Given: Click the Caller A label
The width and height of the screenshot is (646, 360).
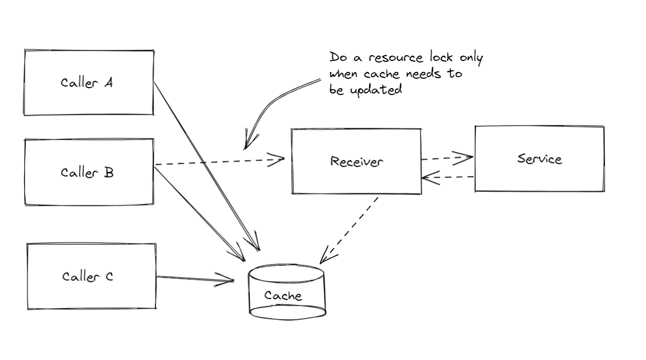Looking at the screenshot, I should point(87,83).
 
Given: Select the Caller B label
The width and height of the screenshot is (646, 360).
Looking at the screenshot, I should point(87,173).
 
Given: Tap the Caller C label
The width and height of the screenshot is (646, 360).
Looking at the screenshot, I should point(88,277).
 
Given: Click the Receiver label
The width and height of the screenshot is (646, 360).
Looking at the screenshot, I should point(356,162).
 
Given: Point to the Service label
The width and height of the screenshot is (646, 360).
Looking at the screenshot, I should point(539,158).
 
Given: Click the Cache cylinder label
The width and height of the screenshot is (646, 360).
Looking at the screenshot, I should point(283,295).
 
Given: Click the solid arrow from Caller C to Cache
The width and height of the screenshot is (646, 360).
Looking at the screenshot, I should point(194,278).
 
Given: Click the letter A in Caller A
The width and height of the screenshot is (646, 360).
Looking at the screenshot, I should point(108,82).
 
